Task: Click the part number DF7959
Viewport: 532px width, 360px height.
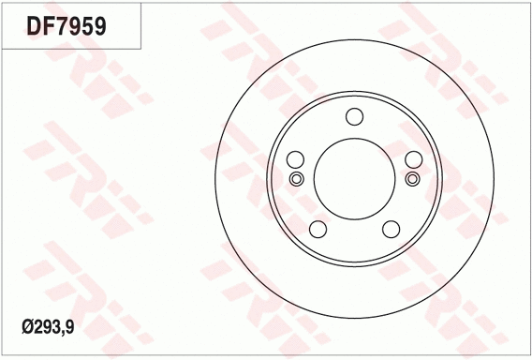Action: click(x=66, y=25)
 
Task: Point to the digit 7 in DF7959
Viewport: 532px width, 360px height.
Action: click(x=63, y=25)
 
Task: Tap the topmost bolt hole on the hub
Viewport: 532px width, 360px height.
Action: click(x=354, y=116)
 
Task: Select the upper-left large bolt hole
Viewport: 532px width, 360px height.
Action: click(x=296, y=159)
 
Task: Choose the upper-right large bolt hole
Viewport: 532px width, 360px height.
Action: click(x=412, y=159)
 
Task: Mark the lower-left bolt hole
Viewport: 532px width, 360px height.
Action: click(x=318, y=229)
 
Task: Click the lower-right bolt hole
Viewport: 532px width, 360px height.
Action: click(x=391, y=229)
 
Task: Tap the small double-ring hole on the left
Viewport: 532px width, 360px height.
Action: click(x=296, y=179)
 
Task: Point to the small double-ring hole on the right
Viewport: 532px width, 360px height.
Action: click(x=412, y=179)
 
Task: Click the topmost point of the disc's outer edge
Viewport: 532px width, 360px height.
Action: click(x=354, y=38)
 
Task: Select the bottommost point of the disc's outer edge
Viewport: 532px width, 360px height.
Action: click(x=354, y=318)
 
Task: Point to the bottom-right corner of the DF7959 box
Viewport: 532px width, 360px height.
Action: click(x=141, y=48)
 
